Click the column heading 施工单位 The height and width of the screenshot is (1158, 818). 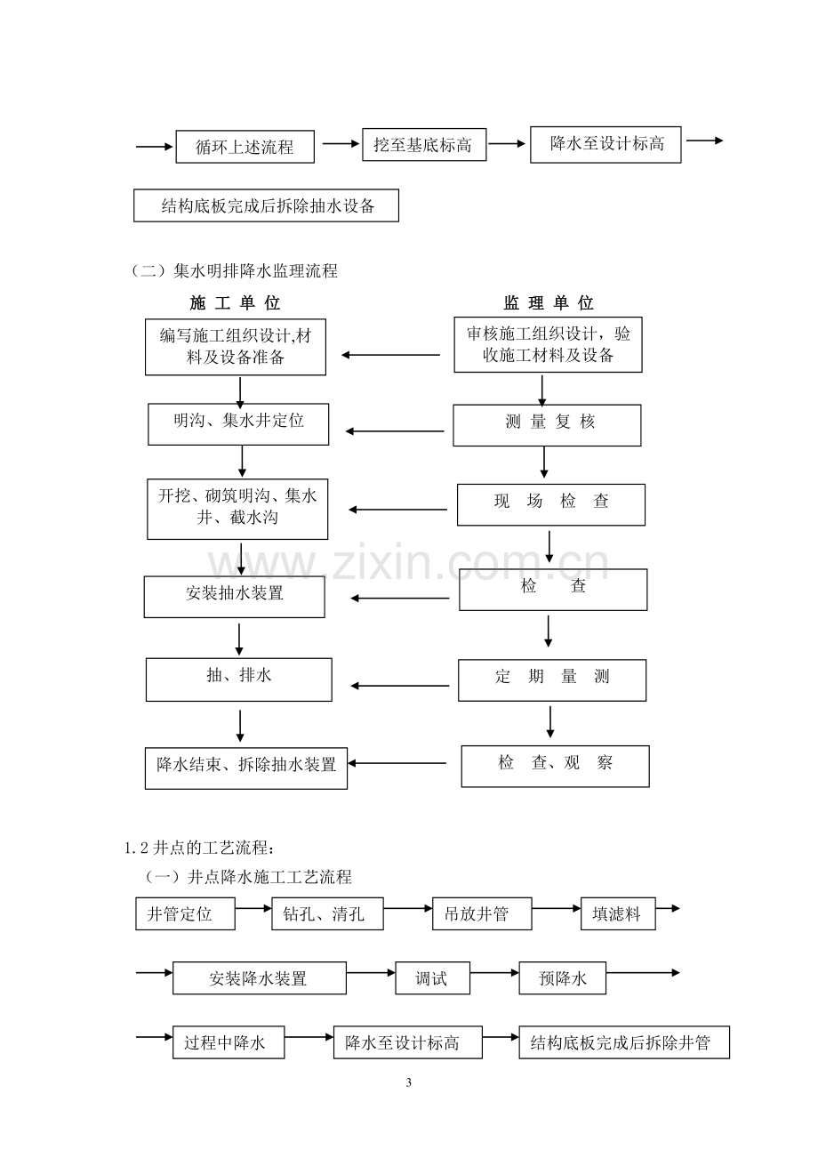(x=235, y=303)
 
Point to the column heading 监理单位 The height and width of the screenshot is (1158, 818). (x=549, y=303)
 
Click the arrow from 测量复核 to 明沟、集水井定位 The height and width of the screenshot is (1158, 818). (x=395, y=431)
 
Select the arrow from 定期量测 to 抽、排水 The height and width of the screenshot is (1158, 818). (x=400, y=686)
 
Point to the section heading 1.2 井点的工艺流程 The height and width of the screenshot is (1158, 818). (x=199, y=848)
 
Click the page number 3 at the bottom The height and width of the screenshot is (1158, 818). (x=409, y=1082)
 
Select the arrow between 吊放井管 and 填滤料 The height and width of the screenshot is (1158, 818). (x=557, y=908)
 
